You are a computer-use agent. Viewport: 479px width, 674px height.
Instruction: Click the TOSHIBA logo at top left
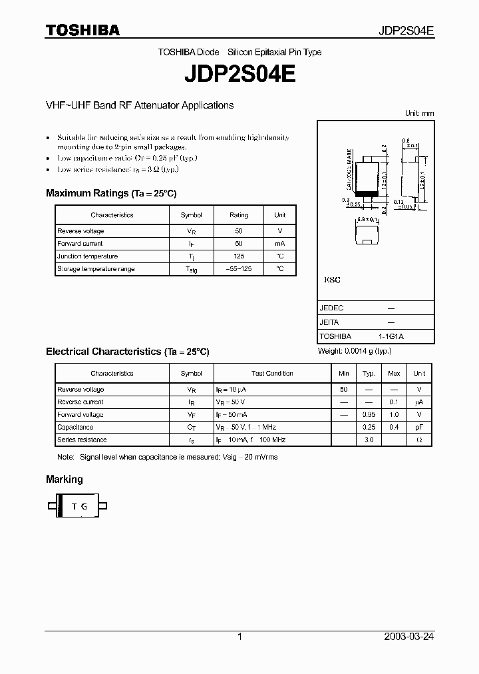82,30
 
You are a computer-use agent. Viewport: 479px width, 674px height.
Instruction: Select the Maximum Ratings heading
110,193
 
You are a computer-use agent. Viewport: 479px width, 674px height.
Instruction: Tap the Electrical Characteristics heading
127,351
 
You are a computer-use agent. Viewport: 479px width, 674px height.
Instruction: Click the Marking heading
65,479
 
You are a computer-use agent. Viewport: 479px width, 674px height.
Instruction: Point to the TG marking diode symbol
79,506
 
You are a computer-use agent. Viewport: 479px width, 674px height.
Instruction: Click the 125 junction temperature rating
239,256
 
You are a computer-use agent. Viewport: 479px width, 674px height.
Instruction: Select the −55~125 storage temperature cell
239,269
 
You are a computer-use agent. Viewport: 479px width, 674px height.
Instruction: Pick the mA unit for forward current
279,244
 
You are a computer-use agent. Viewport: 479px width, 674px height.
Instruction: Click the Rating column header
239,215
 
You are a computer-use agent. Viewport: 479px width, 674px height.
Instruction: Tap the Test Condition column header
272,374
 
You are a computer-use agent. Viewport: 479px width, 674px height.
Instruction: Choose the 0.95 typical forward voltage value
369,415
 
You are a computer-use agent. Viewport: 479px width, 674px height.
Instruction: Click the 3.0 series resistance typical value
369,440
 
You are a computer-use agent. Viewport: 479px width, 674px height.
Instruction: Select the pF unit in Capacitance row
419,428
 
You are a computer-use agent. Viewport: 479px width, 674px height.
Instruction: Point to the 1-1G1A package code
391,336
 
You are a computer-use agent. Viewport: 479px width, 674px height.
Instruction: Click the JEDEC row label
331,308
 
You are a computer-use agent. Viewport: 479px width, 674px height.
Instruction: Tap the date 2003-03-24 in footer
409,637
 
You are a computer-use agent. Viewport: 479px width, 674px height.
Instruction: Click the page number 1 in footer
239,637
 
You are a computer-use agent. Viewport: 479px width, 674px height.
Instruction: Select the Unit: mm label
420,114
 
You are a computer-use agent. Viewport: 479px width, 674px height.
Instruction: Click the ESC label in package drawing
332,280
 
